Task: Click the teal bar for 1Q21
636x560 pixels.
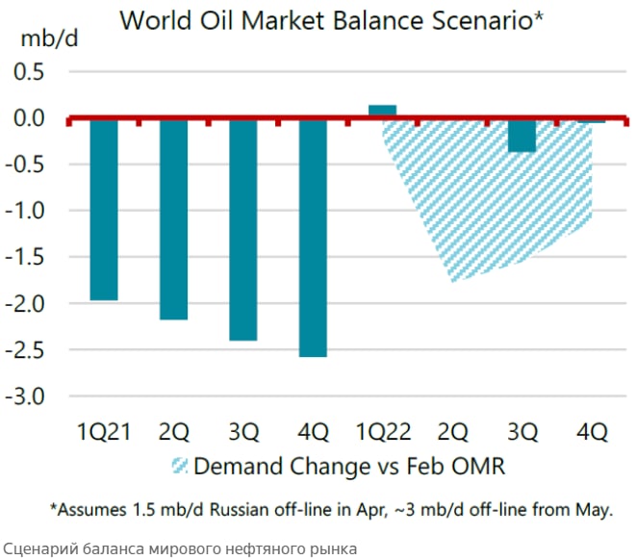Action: (x=104, y=210)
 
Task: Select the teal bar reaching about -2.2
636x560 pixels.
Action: (x=173, y=219)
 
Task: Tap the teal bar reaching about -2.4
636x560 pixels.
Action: (x=243, y=230)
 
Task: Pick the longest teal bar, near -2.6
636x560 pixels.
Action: (x=313, y=238)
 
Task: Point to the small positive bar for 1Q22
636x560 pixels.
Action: (x=382, y=112)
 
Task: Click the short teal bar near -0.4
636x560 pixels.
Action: (x=522, y=136)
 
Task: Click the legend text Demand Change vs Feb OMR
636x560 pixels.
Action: (x=349, y=467)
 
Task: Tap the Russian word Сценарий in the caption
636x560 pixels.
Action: (x=37, y=548)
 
